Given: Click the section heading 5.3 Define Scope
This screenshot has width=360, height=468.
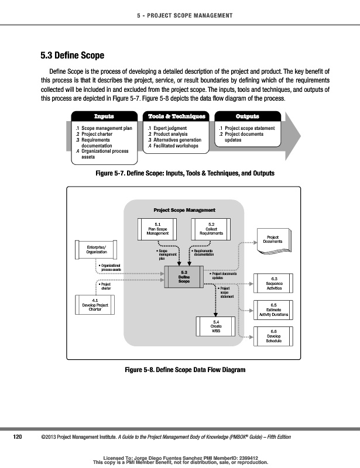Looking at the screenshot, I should pyautogui.click(x=72, y=56).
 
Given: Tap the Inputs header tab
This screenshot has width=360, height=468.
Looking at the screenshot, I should pyautogui.click(x=105, y=116).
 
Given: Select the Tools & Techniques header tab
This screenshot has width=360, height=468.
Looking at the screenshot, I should pyautogui.click(x=177, y=116).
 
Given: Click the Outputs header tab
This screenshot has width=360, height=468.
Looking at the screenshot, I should pyautogui.click(x=247, y=116).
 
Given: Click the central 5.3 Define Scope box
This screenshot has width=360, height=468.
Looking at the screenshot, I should pyautogui.click(x=184, y=277).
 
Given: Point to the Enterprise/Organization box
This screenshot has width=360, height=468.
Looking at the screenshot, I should pyautogui.click(x=97, y=249).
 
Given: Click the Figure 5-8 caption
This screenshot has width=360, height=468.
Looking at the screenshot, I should pyautogui.click(x=184, y=370).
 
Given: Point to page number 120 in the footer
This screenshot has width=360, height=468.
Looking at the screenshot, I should pyautogui.click(x=18, y=437).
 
